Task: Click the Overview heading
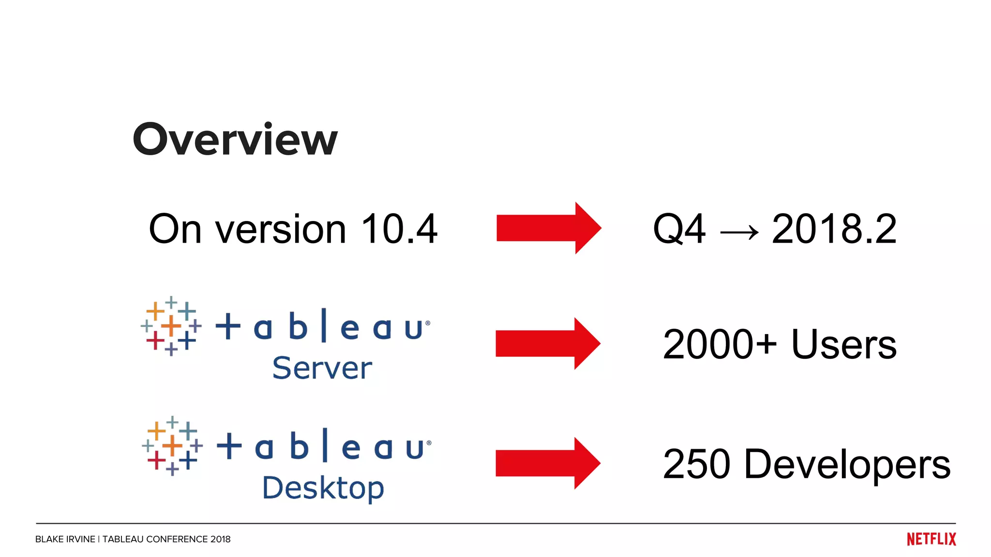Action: pyautogui.click(x=235, y=139)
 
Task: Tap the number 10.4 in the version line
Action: pyautogui.click(x=399, y=229)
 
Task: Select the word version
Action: pyautogui.click(x=280, y=230)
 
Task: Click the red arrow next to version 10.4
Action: pyautogui.click(x=548, y=228)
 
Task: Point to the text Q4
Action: pyautogui.click(x=679, y=229)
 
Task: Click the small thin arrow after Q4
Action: pyautogui.click(x=739, y=233)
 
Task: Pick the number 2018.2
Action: pyautogui.click(x=834, y=229)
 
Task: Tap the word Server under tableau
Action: pyautogui.click(x=322, y=368)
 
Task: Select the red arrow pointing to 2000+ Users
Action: pyautogui.click(x=548, y=344)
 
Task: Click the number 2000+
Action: pyautogui.click(x=720, y=344)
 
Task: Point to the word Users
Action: pyautogui.click(x=844, y=344)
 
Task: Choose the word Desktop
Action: pyautogui.click(x=323, y=488)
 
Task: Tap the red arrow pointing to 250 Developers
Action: pyautogui.click(x=548, y=463)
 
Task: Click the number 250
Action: pyautogui.click(x=696, y=464)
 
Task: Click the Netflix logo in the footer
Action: pyautogui.click(x=931, y=539)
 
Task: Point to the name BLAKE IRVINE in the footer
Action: pyautogui.click(x=65, y=539)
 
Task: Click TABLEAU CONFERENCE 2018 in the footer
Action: pyautogui.click(x=166, y=539)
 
